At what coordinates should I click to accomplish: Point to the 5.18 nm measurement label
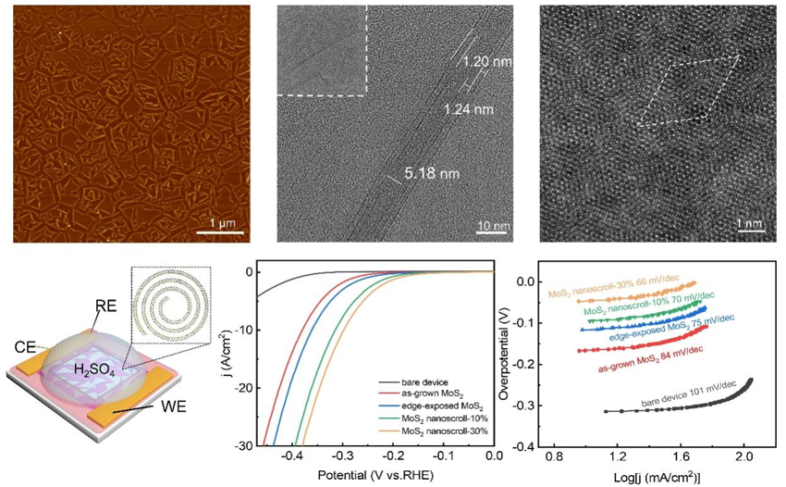[432, 174]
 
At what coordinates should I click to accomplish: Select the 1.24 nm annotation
[469, 109]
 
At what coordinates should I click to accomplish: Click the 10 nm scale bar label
[493, 225]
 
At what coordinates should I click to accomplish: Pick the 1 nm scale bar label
[750, 223]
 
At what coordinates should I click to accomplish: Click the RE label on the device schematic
[104, 306]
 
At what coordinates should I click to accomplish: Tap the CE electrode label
[26, 347]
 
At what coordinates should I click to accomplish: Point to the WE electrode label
[174, 406]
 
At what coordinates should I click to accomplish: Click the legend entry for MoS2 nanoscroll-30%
[434, 431]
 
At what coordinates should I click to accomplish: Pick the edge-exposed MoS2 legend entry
[432, 406]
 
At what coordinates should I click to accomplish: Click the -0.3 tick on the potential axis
[342, 456]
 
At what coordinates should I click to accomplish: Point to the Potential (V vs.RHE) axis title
[375, 475]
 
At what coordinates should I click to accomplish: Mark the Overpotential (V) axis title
[503, 354]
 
